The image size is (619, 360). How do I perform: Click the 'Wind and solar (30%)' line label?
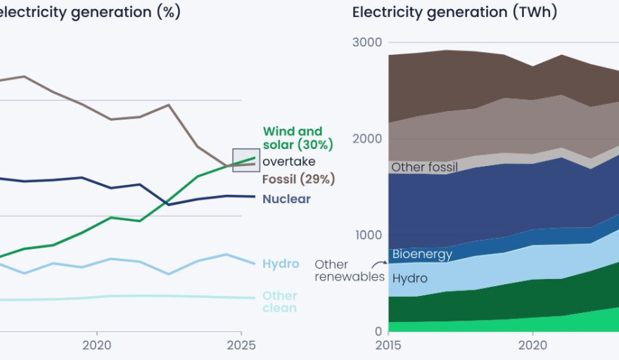coord(297,138)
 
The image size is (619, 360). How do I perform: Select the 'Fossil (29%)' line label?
coord(298,179)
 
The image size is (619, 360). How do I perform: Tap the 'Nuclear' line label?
coord(286,199)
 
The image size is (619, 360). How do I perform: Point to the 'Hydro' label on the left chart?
coord(281,264)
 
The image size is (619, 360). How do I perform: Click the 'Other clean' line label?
coord(279,302)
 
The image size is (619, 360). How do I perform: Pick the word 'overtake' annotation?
coord(289,162)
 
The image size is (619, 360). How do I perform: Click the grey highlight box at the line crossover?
coord(245,160)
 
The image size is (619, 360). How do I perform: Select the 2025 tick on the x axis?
coord(241,345)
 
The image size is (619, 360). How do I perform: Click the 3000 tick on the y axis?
coord(366,42)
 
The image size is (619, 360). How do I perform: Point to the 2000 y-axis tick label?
coord(366,139)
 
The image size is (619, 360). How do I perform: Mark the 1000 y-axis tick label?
coord(366,235)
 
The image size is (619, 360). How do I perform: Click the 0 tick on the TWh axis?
coord(378,331)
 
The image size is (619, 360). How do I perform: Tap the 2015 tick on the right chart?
coord(388,345)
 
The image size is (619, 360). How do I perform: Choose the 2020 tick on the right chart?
coord(532,345)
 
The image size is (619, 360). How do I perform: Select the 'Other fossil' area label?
coord(424,167)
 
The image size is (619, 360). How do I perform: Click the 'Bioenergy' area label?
coord(422,255)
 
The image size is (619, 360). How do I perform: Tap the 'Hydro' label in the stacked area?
coord(410,278)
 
